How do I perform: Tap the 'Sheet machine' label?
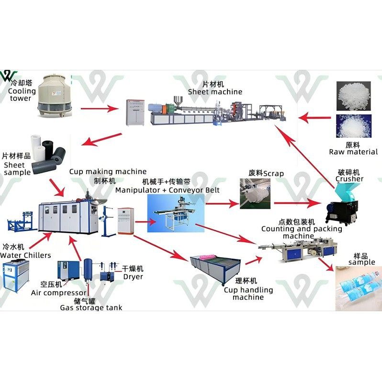point(215,91)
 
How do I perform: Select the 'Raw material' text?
point(353,152)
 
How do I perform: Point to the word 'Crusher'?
point(349,179)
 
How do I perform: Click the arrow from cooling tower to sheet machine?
point(101,109)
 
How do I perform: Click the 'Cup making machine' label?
point(108,171)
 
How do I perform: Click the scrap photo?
point(257,193)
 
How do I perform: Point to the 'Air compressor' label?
point(59,292)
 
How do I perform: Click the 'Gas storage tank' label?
point(91,307)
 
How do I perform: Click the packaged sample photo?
point(358,288)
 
